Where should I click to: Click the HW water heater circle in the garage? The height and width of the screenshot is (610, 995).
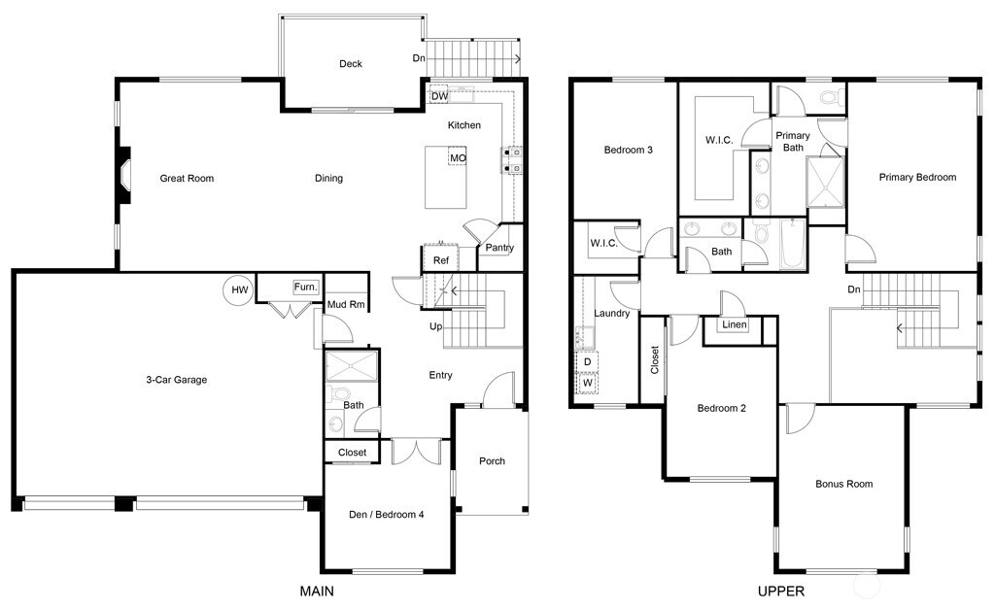[238, 289]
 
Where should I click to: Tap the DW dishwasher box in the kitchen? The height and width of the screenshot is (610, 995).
[439, 96]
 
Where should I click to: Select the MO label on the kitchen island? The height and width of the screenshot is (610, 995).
[457, 157]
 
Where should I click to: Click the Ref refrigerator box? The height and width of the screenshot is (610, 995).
[440, 260]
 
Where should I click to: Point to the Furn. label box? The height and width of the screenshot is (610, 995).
[306, 288]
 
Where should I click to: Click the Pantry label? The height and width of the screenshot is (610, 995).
[499, 248]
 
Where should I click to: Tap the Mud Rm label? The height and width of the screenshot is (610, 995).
[346, 304]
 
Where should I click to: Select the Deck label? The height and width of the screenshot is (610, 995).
[351, 64]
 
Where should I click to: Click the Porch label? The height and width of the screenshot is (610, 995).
[492, 460]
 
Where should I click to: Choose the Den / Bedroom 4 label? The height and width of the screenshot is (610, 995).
[386, 515]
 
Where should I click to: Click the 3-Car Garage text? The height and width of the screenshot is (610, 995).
[170, 380]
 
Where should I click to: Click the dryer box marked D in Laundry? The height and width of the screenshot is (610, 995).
[588, 361]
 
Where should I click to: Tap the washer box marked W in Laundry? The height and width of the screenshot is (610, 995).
[588, 383]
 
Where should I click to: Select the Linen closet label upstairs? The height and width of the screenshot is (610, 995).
[735, 324]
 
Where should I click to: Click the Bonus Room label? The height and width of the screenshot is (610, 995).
[843, 484]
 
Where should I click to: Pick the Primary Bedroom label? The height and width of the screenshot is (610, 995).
[917, 177]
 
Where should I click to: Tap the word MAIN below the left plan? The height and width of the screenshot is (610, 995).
[320, 591]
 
